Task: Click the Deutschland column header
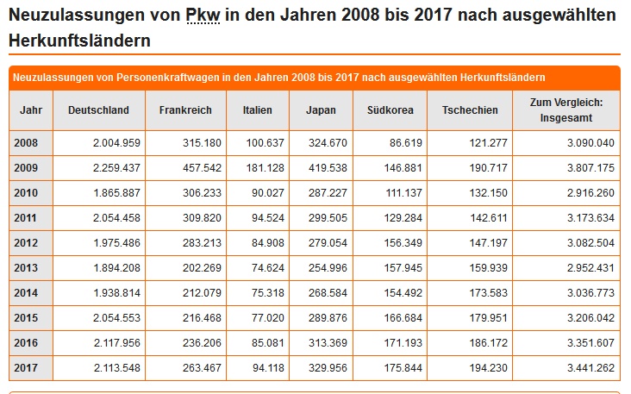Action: click(x=98, y=110)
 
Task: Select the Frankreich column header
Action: click(x=185, y=110)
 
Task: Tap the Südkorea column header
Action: click(x=390, y=110)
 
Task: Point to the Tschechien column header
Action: click(x=469, y=110)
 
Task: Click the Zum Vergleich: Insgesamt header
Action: click(x=566, y=109)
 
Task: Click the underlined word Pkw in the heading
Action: click(x=203, y=15)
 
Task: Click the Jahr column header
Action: click(x=30, y=110)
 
